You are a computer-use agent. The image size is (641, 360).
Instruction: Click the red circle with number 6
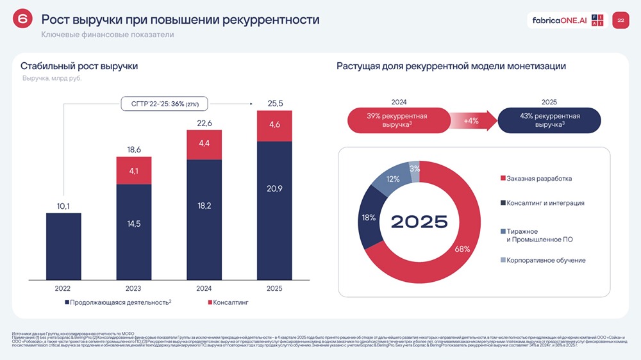(x=22, y=20)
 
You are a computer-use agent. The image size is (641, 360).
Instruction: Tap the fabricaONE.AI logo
(x=560, y=20)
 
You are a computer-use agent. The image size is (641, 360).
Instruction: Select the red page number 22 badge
(x=620, y=20)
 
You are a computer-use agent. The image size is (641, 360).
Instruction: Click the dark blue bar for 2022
(x=63, y=247)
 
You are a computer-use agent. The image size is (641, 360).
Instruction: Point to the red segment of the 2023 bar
(x=134, y=171)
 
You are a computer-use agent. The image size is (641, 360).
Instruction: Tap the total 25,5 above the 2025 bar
(x=274, y=103)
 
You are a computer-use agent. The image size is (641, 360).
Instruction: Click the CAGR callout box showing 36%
(x=165, y=103)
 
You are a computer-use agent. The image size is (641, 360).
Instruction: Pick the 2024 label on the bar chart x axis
(x=204, y=288)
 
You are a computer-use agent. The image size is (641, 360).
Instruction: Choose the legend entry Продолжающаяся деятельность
(x=118, y=302)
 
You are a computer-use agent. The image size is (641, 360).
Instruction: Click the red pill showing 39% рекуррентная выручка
(x=397, y=120)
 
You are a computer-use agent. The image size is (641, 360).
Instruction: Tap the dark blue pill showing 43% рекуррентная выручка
(x=549, y=120)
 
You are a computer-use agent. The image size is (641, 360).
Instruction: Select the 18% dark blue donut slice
(x=369, y=218)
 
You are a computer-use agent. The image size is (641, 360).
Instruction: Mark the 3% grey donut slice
(x=415, y=170)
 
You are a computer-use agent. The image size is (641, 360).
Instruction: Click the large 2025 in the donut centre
(x=419, y=222)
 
